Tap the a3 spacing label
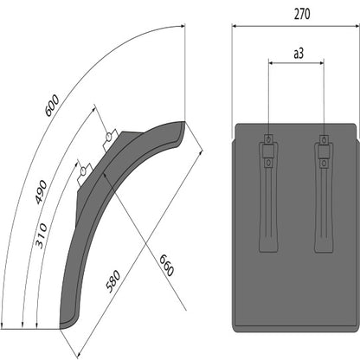297,54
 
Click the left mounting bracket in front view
269,195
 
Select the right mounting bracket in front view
324,195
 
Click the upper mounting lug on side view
109,138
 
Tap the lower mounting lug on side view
84,169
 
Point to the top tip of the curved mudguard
183,124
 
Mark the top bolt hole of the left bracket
269,139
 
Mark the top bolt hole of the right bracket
324,139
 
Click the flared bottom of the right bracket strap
324,246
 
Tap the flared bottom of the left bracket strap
269,246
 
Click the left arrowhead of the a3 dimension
272,62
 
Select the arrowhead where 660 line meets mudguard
106,174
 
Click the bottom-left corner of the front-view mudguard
235,329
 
